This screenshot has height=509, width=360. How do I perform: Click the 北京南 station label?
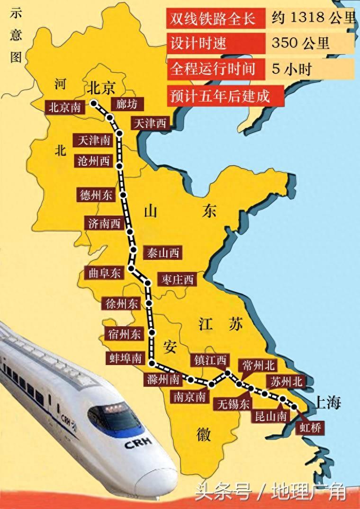point(64,107)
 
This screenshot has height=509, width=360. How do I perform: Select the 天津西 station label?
point(150,124)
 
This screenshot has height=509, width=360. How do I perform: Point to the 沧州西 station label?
point(93,161)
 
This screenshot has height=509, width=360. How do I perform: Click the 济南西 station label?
point(104,224)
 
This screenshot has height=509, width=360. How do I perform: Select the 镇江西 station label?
point(209,360)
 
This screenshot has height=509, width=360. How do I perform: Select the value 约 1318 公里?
point(313,18)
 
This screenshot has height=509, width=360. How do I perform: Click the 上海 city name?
point(326,403)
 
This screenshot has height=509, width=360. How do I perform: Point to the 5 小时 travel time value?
point(292,69)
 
